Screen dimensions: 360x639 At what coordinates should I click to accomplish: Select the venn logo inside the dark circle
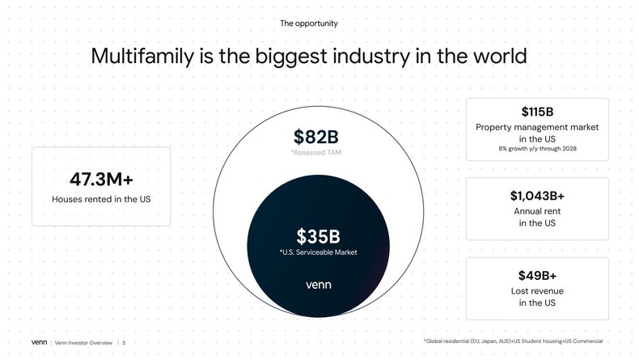coord(318,285)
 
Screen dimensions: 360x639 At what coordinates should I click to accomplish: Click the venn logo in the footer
coord(40,342)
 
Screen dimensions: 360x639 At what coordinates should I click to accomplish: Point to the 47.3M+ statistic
coord(101,178)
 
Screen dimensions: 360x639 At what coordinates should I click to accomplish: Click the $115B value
coord(537,112)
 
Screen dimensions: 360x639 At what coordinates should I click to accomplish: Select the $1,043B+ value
coord(537,195)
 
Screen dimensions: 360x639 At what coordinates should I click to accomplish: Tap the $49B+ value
coord(537,275)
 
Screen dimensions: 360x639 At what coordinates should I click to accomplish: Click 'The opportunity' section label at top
coord(308,23)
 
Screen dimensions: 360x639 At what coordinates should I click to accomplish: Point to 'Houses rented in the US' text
coord(101,199)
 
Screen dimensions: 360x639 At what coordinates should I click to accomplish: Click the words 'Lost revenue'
coord(537,290)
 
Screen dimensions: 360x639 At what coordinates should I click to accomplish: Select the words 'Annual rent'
coord(537,211)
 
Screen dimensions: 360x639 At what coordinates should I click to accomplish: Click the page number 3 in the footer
coord(124,342)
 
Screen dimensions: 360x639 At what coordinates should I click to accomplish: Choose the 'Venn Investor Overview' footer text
coord(83,342)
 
